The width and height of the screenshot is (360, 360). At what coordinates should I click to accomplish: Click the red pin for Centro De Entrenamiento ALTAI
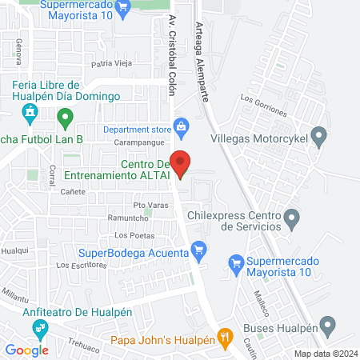coord(182,164)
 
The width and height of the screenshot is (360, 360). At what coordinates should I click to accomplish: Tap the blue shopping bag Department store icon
coord(182,126)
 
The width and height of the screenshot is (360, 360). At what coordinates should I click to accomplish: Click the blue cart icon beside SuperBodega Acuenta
coord(200,251)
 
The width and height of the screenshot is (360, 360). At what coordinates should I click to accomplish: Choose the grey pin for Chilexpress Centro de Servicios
coord(292,216)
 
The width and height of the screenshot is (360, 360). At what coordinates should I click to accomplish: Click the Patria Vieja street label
coord(112,63)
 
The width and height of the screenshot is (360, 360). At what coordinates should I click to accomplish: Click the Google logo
coord(27,350)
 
